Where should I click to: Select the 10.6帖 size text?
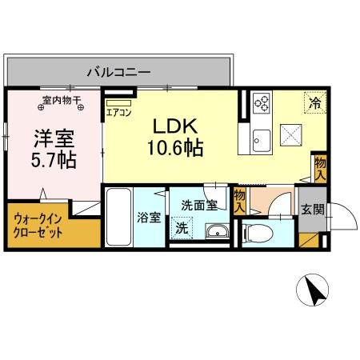pos(173,147)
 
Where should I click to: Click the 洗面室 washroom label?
pos(198,205)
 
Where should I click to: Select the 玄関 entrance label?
pos(311,210)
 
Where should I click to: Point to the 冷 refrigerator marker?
pos(315,102)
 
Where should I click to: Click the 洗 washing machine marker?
pos(182,227)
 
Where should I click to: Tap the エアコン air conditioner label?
pos(119,113)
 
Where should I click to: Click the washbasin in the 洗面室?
pos(216,232)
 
